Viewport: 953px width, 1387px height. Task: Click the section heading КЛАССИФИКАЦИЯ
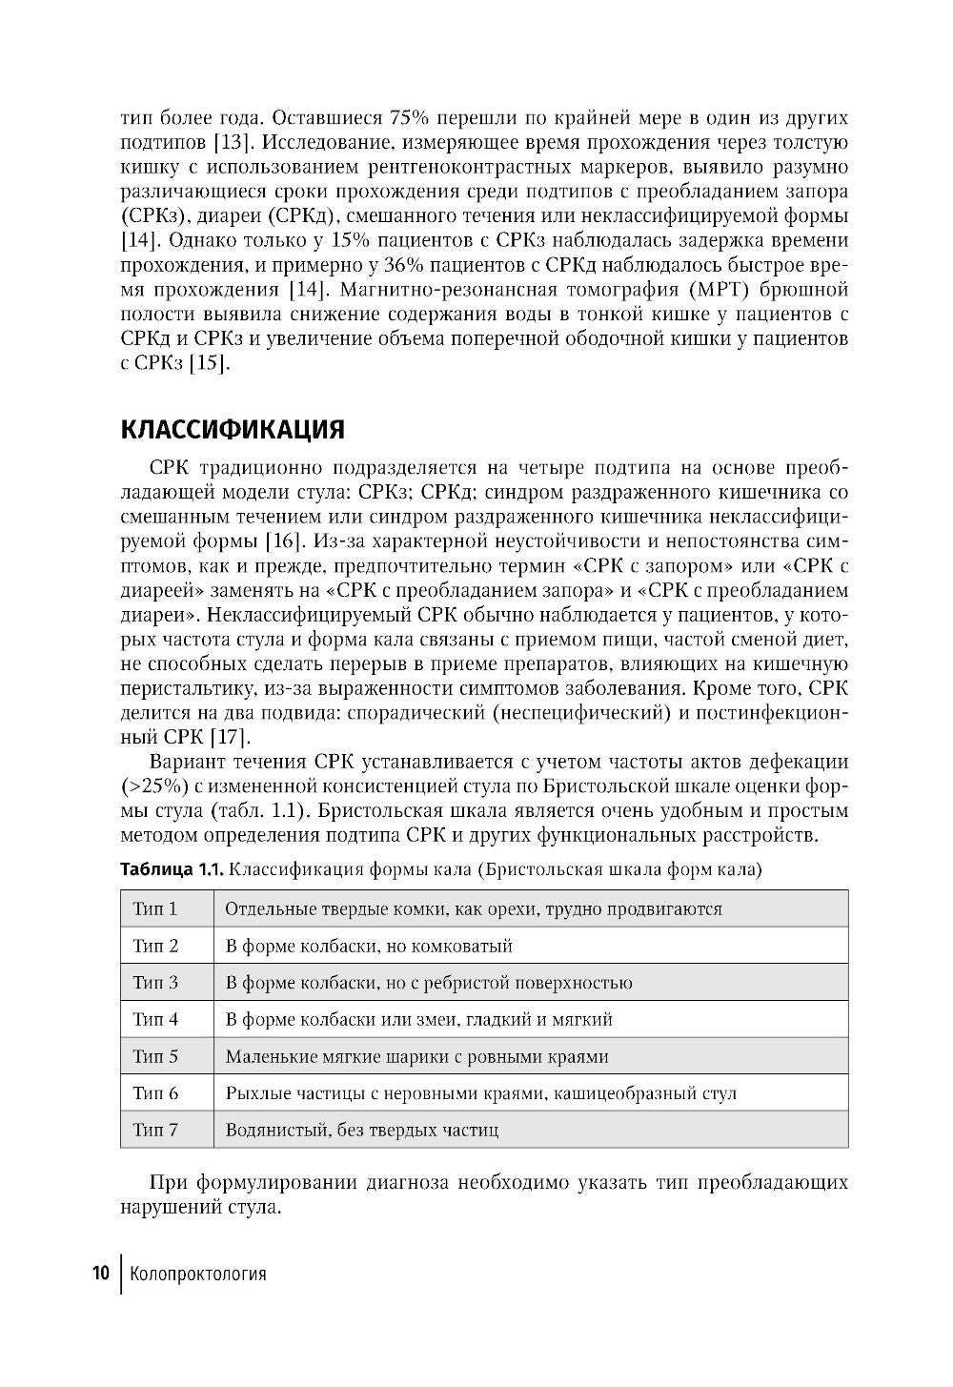(x=233, y=429)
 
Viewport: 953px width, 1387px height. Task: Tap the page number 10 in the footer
(x=101, y=1274)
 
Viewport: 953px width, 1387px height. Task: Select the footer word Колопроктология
(x=198, y=1274)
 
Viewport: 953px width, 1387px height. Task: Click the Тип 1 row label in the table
(x=155, y=908)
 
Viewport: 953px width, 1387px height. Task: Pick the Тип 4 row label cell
(x=155, y=1019)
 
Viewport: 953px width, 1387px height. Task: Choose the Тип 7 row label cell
(x=155, y=1131)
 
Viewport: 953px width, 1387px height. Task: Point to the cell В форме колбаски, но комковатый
(x=369, y=946)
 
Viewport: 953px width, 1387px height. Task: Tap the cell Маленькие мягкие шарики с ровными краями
(x=416, y=1056)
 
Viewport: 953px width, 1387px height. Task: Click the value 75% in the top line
(x=410, y=117)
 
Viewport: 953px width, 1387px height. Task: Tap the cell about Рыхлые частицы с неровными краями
(x=480, y=1093)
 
